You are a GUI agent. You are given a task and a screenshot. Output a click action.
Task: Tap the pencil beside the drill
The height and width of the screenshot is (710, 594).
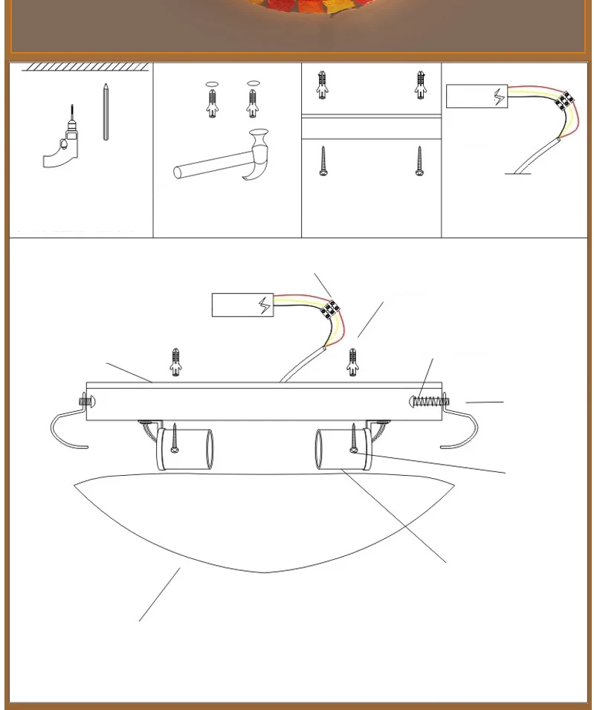pyautogui.click(x=106, y=112)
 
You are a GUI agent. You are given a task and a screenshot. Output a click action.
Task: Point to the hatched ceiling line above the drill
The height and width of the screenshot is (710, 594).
pyautogui.click(x=85, y=67)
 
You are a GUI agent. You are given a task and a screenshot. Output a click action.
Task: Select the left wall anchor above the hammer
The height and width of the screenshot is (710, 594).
pyautogui.click(x=213, y=102)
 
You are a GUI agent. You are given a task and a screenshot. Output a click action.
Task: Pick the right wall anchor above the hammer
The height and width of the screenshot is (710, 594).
pyautogui.click(x=253, y=102)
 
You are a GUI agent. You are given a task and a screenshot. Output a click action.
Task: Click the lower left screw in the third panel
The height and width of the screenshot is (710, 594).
pyautogui.click(x=324, y=161)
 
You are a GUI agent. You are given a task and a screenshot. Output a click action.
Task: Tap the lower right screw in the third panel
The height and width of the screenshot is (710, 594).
pyautogui.click(x=419, y=161)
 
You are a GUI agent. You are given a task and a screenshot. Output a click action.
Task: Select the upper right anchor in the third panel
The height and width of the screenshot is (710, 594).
pyautogui.click(x=420, y=85)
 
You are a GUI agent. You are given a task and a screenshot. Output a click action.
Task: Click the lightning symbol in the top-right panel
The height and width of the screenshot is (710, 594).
pyautogui.click(x=499, y=97)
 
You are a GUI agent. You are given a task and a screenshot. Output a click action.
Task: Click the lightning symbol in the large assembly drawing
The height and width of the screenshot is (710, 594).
pyautogui.click(x=265, y=305)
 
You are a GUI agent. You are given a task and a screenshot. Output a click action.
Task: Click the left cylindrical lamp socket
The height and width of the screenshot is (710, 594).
pyautogui.click(x=185, y=449)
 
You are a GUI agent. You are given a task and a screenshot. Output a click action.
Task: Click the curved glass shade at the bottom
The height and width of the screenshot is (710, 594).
pyautogui.click(x=264, y=520)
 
